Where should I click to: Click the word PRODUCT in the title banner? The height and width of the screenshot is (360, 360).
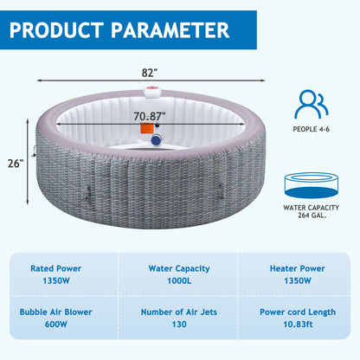pyautogui.click(x=56, y=30)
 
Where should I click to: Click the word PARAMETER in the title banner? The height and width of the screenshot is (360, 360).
pyautogui.click(x=170, y=30)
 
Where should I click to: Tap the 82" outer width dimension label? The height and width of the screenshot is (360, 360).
pyautogui.click(x=150, y=73)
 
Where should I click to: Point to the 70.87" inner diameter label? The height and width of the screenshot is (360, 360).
pyautogui.click(x=150, y=116)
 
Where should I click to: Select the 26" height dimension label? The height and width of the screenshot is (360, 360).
pyautogui.click(x=16, y=164)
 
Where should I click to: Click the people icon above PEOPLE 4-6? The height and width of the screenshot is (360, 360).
pyautogui.click(x=312, y=104)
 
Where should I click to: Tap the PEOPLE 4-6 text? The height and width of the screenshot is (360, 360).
pyautogui.click(x=311, y=129)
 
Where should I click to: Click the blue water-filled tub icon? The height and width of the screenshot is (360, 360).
pyautogui.click(x=311, y=185)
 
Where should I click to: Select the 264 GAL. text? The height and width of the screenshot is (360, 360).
pyautogui.click(x=311, y=215)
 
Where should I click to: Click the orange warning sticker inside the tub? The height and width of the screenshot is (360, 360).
pyautogui.click(x=147, y=128)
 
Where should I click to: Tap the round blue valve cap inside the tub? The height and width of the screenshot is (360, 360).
pyautogui.click(x=156, y=140)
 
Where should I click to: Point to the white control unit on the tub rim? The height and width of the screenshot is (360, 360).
pyautogui.click(x=152, y=92)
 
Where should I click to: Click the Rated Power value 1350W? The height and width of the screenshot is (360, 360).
pyautogui.click(x=56, y=280)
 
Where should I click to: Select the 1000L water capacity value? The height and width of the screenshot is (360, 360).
pyautogui.click(x=179, y=280)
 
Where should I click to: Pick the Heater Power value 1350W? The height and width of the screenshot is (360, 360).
pyautogui.click(x=298, y=280)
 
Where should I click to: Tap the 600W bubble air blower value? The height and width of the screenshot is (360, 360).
pyautogui.click(x=56, y=325)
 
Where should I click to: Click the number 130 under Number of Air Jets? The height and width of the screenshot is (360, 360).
pyautogui.click(x=179, y=325)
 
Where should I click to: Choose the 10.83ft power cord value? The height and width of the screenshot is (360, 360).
pyautogui.click(x=298, y=325)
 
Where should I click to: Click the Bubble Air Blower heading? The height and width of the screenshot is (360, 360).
pyautogui.click(x=56, y=312)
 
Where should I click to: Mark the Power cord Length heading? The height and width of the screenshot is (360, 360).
pyautogui.click(x=298, y=312)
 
